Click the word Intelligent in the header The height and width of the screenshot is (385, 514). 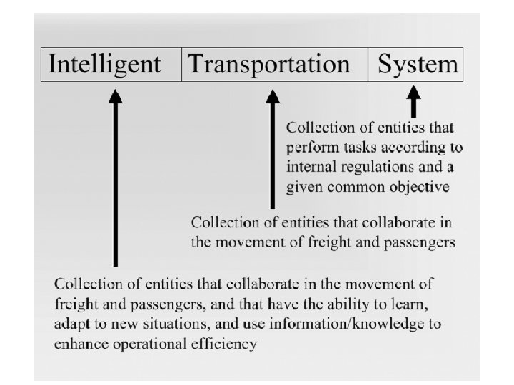pos(104,65)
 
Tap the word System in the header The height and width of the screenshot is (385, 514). pos(418,65)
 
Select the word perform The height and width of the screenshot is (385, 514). pos(308,148)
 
